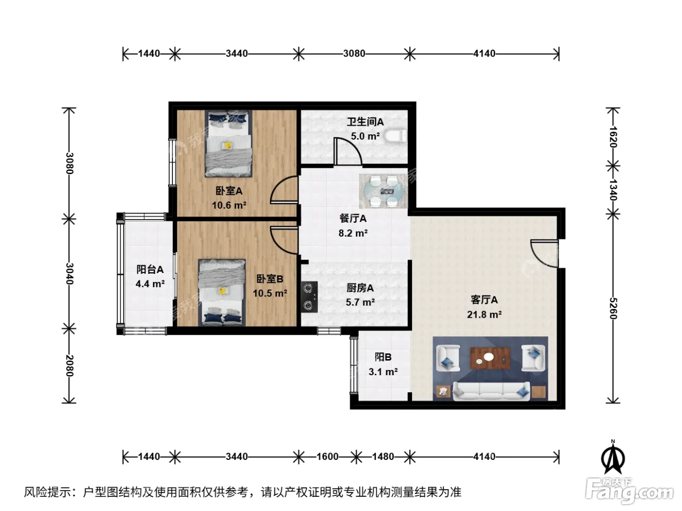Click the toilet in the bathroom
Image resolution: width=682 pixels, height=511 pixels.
[x=396, y=136]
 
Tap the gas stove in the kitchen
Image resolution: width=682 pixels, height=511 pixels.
[x=309, y=296]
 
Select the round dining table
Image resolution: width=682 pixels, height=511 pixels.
[x=383, y=191]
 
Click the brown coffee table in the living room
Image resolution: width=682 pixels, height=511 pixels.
[x=490, y=358]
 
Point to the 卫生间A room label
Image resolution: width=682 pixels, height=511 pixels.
[x=365, y=122]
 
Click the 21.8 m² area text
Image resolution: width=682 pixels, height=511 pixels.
[x=484, y=314]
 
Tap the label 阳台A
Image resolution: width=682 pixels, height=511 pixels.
[x=150, y=269]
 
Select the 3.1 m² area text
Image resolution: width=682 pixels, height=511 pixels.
[x=383, y=371]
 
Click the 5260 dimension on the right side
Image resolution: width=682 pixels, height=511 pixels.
[x=613, y=308]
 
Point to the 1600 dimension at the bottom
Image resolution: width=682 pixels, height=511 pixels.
[x=327, y=456]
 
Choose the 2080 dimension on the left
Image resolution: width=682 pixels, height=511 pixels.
[x=69, y=365]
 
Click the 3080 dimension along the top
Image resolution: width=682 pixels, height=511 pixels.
[x=354, y=54]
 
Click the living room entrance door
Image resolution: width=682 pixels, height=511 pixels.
[x=544, y=253]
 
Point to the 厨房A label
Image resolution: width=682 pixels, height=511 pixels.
[x=360, y=288]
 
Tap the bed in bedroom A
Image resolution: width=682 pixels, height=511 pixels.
[x=228, y=144]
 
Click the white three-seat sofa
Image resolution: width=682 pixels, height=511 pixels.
[x=491, y=391]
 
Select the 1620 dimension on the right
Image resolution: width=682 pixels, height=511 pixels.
[x=613, y=137]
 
